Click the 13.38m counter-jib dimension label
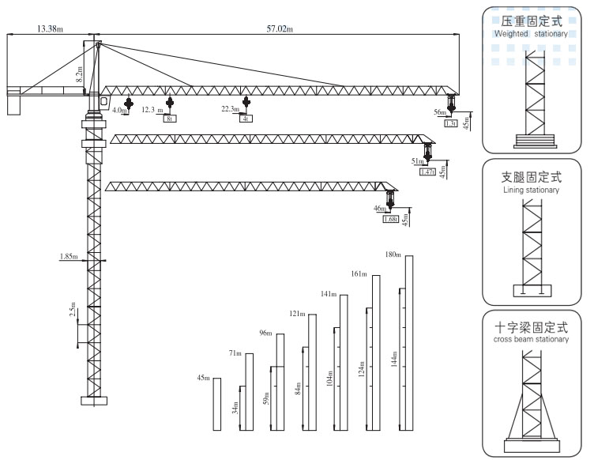tap(50, 29)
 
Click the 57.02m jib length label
tap(280, 29)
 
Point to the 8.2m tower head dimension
tap(78, 76)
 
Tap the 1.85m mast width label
tap(69, 256)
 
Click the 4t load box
tap(246, 119)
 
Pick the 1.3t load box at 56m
tap(451, 123)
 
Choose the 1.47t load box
tap(427, 171)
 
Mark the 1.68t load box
tap(390, 219)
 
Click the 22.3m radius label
tap(231, 109)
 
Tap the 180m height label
tap(393, 254)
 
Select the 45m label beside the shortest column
tap(203, 378)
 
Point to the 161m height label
tap(359, 273)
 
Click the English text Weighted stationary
tap(530, 34)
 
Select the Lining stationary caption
tap(530, 190)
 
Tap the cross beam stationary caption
tap(530, 339)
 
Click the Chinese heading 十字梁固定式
tap(530, 326)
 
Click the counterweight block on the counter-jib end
tap(13, 104)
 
